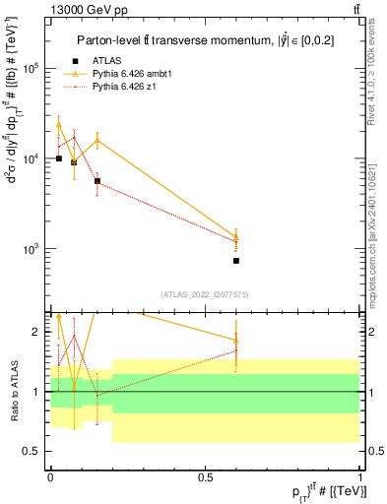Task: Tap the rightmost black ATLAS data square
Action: click(236, 261)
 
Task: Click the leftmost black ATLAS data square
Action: click(59, 158)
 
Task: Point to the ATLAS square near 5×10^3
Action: click(97, 181)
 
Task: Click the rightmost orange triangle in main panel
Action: click(236, 236)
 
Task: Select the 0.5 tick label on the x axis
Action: click(205, 475)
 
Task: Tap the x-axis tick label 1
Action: click(360, 475)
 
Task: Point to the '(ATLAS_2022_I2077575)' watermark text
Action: click(204, 293)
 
